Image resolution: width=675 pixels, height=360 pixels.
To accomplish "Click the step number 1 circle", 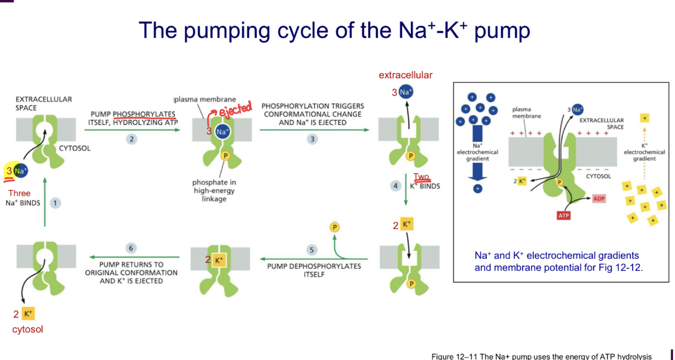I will click(55, 203).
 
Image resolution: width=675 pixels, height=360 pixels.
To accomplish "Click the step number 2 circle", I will click(132, 139).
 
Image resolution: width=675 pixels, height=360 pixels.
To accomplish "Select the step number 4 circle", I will click(395, 186).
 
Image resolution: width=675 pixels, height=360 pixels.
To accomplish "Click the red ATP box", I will click(564, 216).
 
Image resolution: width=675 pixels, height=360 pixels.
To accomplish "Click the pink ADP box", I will click(599, 199).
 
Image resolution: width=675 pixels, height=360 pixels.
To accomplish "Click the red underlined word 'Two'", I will click(421, 177).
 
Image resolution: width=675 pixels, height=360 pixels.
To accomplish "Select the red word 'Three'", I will click(19, 193).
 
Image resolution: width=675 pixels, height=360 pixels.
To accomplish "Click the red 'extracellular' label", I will click(405, 75).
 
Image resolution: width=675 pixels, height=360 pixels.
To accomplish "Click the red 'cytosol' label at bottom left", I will click(27, 329).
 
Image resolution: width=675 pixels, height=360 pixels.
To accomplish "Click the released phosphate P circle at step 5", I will click(334, 227).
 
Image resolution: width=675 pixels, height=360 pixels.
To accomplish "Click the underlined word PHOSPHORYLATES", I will click(144, 114).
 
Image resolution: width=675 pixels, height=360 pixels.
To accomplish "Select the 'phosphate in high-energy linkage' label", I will click(214, 190).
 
